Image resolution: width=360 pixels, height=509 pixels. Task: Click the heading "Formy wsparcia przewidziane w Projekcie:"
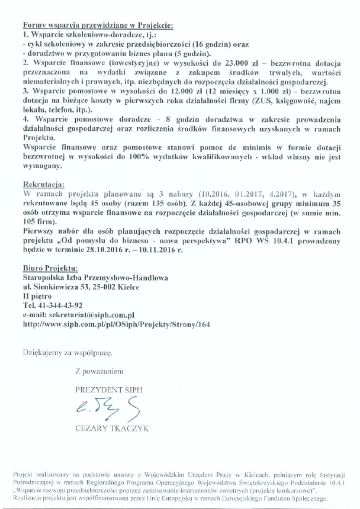[x=98, y=26]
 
